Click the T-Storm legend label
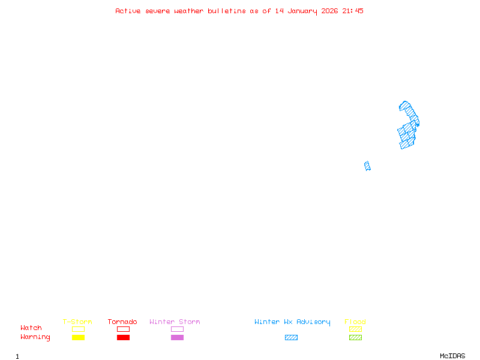coord(77,322)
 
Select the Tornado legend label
coord(122,322)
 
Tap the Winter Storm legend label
coord(175,322)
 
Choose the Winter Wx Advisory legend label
coord(292,322)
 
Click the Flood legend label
coord(355,322)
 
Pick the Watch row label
coord(31,328)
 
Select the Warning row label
coord(35,337)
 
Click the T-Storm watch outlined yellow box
coord(78,329)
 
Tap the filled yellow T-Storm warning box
coord(78,338)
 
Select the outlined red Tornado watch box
coord(123,329)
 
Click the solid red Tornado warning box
coord(123,338)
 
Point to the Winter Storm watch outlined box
coord(177,329)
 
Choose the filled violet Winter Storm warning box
coord(177,338)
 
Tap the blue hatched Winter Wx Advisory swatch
coord(291,338)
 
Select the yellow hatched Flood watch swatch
coord(355,329)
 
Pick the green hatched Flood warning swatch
coord(355,338)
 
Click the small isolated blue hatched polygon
coord(367,166)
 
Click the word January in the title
coord(304,11)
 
